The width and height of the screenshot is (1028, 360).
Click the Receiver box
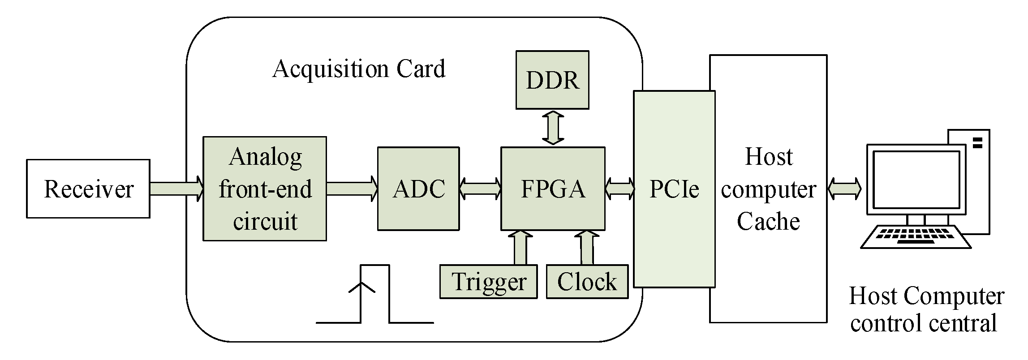(x=88, y=189)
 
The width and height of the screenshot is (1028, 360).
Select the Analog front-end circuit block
(x=264, y=189)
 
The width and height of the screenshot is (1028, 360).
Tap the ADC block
(x=418, y=189)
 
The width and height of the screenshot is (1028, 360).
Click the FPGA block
(x=552, y=189)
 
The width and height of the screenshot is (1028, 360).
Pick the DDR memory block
(x=552, y=80)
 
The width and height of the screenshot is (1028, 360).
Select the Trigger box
(x=488, y=282)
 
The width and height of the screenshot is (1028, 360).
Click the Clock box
(x=587, y=282)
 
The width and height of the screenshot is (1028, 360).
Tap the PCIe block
(x=674, y=189)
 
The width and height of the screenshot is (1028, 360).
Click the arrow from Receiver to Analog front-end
(x=176, y=189)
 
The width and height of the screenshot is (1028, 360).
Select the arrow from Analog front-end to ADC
(x=352, y=189)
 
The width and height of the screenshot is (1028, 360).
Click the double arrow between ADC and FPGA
(x=480, y=189)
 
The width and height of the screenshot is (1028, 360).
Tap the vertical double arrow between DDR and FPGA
(x=553, y=128)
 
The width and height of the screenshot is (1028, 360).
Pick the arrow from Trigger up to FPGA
(x=520, y=248)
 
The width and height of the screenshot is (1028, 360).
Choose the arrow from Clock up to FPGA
(x=587, y=248)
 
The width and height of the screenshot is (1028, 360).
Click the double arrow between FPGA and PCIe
(x=619, y=189)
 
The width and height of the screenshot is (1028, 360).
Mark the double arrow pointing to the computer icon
(x=844, y=189)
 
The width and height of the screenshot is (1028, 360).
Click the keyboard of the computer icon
(x=916, y=237)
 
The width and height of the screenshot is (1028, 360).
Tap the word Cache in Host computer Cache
(x=768, y=221)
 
